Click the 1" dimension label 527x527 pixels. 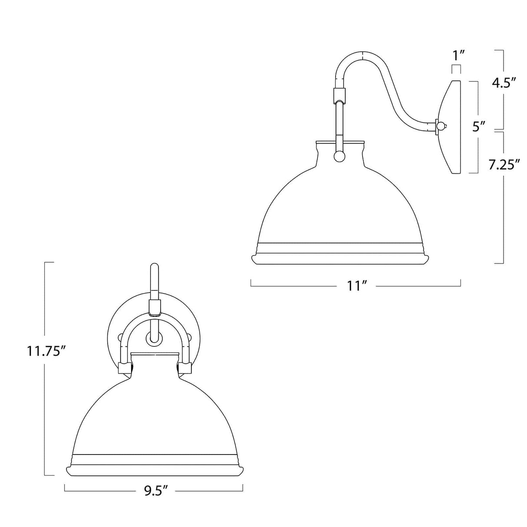458,56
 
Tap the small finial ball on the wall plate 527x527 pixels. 441,126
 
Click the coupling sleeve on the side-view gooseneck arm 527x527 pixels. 339,94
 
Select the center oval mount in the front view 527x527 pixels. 154,338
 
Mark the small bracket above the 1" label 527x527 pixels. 456,69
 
